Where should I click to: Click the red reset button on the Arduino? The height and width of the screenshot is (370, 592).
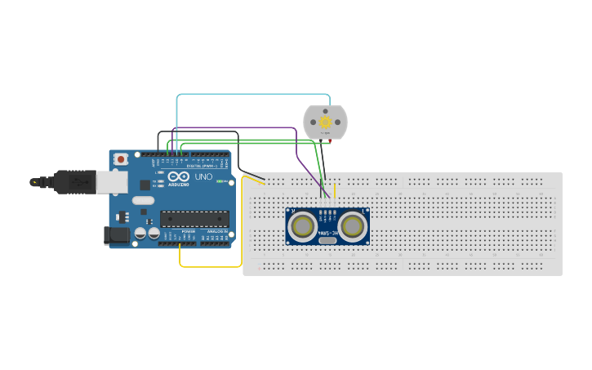point(121,158)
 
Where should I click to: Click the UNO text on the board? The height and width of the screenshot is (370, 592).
point(203,176)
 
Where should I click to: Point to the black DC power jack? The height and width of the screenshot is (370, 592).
point(117,236)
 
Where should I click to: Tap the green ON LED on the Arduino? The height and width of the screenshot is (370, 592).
point(219,181)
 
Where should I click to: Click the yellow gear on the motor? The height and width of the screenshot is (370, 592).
point(325,122)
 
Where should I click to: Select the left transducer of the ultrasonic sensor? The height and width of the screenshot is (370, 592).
point(304,225)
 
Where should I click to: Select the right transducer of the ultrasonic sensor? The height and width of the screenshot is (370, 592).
point(352,225)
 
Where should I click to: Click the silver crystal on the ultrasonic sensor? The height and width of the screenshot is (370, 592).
point(327,240)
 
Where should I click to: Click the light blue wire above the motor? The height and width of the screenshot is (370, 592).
point(253,95)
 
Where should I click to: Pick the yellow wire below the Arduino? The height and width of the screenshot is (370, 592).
point(210,266)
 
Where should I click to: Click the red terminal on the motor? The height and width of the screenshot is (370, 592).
point(331,141)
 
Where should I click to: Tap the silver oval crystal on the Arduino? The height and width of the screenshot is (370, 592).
point(142,200)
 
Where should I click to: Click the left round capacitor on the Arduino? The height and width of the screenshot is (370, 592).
point(140,233)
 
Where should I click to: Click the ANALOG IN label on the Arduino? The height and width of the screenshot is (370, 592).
point(216,231)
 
